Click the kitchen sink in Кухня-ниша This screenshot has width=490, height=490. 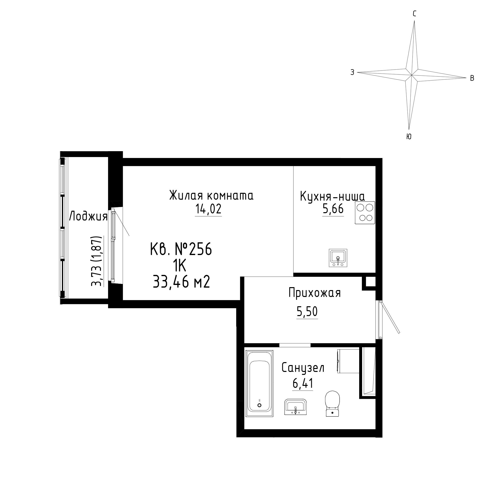click(338, 258)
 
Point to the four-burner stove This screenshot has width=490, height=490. click(365, 212)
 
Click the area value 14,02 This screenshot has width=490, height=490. click(208, 209)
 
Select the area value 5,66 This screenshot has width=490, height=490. click(333, 209)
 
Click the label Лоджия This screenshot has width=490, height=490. click(88, 217)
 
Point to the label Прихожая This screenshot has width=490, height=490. click(315, 294)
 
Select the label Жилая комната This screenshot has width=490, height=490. click(211, 196)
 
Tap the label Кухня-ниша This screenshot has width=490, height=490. click(332, 196)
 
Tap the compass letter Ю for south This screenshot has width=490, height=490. click(409, 137)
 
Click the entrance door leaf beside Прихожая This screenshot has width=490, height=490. click(390, 317)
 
